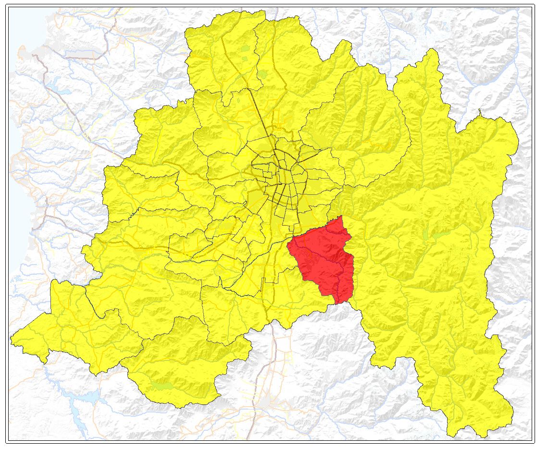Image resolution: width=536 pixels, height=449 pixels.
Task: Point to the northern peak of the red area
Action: click(341, 217)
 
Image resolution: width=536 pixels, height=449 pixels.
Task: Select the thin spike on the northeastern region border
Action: click(479, 113)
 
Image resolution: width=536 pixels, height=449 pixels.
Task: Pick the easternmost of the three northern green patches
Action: click(263, 75)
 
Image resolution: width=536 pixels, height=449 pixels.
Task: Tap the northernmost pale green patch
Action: click(246, 48)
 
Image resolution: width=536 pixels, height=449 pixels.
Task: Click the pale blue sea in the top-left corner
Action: click(19, 24)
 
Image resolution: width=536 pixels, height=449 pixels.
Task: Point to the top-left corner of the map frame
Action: click(6, 5)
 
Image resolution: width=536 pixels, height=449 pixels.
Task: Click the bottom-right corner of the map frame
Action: click(534, 441)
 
